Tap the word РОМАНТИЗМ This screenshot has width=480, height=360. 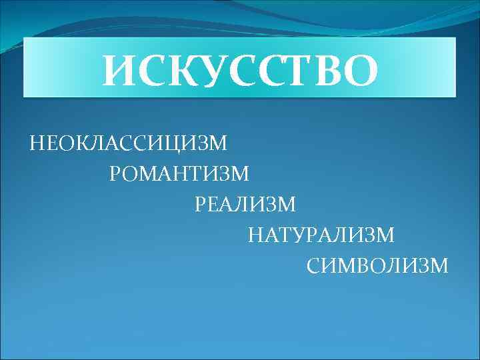click(x=179, y=174)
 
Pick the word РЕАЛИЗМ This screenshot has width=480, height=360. click(x=245, y=205)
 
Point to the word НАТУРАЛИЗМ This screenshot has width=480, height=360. click(x=321, y=235)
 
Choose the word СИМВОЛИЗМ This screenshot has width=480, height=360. click(x=378, y=266)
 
